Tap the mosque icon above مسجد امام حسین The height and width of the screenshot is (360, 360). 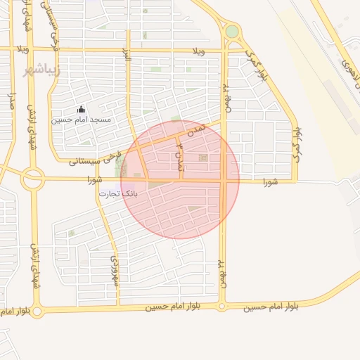click(x=81, y=110)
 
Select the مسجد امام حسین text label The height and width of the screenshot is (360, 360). click(x=81, y=120)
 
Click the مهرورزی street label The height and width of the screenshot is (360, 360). click(x=114, y=271)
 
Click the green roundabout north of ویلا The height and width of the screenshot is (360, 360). click(x=231, y=32)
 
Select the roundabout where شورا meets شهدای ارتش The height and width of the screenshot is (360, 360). click(x=32, y=179)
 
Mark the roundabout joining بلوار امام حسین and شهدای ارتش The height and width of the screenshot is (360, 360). click(x=37, y=311)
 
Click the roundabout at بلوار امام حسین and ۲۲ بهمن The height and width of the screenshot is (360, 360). click(x=222, y=307)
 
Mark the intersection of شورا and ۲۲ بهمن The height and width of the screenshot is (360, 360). click(x=222, y=181)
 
